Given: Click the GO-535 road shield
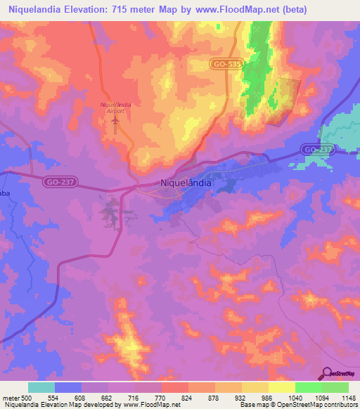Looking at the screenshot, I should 226,63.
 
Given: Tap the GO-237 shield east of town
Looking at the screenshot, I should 316,149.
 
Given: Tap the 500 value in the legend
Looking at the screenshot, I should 26,398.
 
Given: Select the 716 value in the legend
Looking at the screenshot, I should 135,398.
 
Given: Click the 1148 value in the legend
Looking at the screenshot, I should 349,398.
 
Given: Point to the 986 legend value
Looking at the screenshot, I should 269,398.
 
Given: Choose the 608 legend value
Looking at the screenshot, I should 82,398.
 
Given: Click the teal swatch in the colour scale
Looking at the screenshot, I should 41,387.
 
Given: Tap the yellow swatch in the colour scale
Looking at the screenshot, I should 282,387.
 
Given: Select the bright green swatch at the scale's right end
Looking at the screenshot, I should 335,387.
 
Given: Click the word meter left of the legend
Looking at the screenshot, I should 11,398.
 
